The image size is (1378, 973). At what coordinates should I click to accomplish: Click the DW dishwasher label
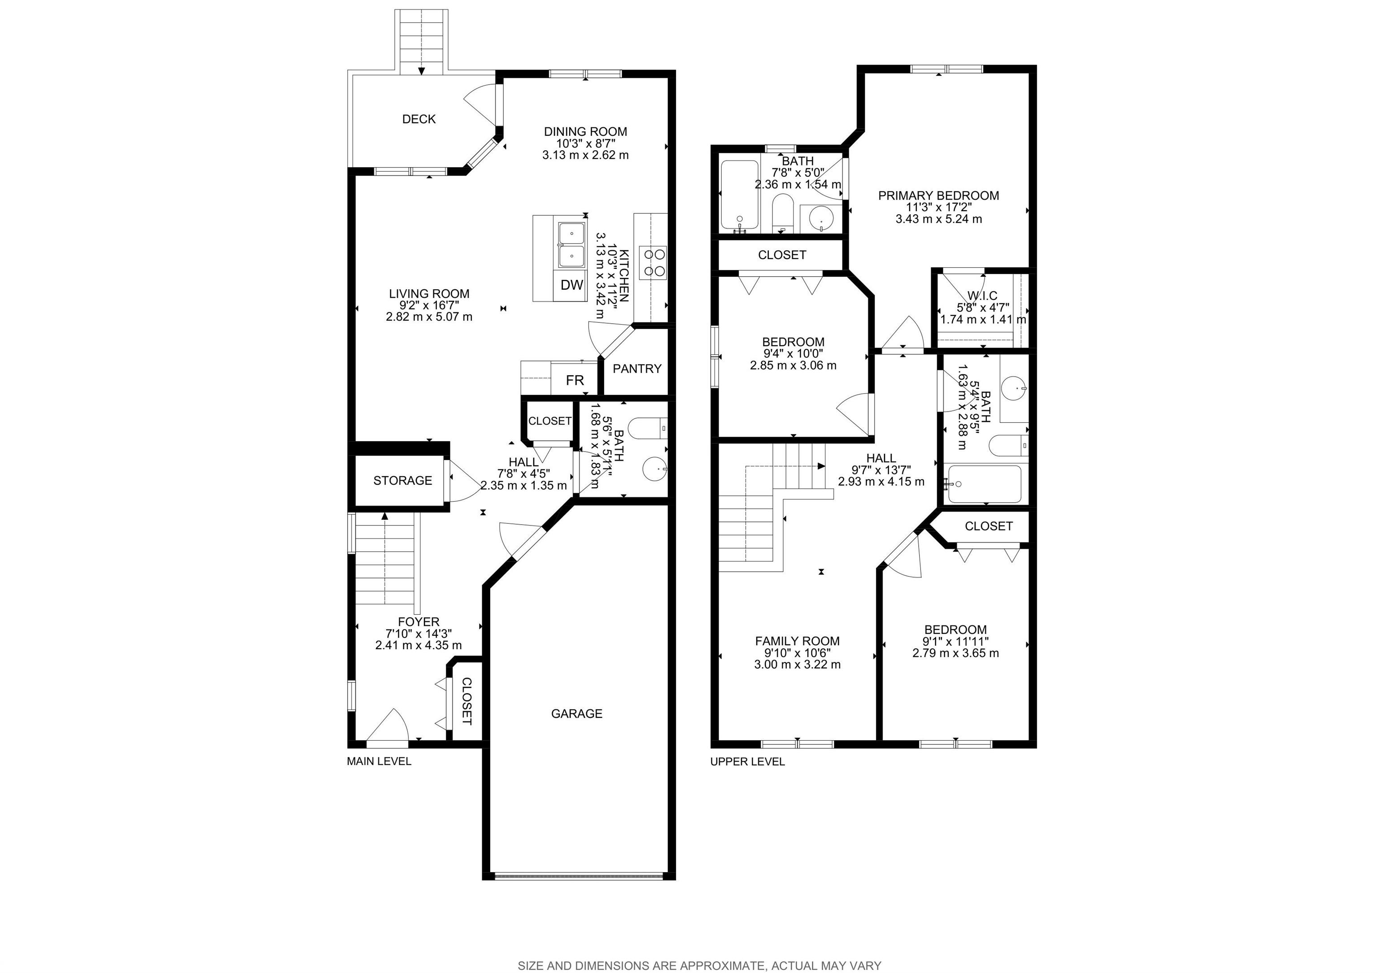pos(572,285)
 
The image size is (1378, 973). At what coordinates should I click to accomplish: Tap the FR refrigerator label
pos(575,380)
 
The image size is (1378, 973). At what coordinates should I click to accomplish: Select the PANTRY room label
pos(637,368)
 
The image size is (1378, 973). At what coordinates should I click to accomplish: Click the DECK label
pos(419,119)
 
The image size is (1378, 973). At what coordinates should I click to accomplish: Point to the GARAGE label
pos(577,713)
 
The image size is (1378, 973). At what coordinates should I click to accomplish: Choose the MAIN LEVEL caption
pos(379,761)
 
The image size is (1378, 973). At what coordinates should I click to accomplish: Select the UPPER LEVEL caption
pos(747,761)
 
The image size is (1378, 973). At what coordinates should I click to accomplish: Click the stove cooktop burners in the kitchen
pos(653,263)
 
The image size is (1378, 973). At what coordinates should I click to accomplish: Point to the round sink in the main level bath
pos(654,469)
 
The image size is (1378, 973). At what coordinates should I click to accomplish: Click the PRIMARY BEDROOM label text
pos(939,195)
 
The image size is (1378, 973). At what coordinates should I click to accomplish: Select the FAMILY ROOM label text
pos(797,641)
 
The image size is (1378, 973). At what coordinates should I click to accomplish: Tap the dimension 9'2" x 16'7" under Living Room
pos(429,305)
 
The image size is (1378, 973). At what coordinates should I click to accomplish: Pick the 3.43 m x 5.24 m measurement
pos(939,219)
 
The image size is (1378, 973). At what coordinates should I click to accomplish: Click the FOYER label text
pos(419,622)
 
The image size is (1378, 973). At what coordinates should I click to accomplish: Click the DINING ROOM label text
pos(585,131)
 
